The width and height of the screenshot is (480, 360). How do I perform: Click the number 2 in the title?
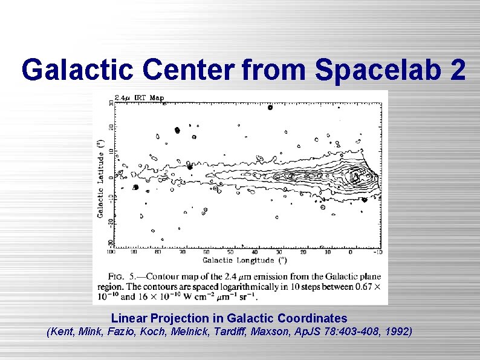coord(458,70)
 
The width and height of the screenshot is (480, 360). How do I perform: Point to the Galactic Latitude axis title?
coord(100,177)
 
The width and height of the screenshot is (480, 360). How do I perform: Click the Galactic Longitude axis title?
coord(244,260)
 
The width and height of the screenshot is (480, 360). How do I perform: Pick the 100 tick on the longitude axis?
coord(111,252)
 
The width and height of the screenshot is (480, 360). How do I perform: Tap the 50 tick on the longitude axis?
coord(230,252)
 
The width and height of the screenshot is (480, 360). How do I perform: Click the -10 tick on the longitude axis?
coord(378,252)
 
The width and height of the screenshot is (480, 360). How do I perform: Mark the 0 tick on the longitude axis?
coord(351,252)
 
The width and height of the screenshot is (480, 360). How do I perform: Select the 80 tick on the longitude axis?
coord(158,252)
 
